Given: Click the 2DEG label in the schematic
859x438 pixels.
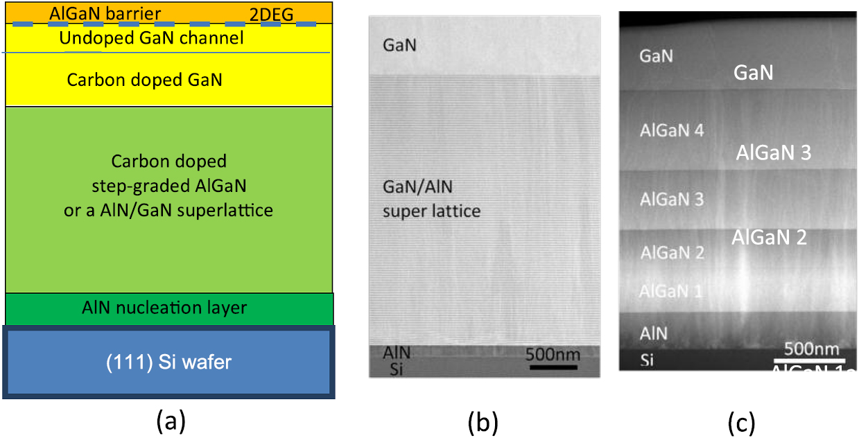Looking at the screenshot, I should point(275,13).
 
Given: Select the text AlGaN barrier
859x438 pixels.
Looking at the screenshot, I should point(105,13).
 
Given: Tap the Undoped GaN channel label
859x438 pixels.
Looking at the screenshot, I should point(151,38).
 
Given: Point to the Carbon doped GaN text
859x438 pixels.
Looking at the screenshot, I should point(144,80).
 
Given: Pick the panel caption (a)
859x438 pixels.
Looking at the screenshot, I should point(170,421).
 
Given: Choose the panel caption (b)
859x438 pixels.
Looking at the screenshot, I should point(484,421).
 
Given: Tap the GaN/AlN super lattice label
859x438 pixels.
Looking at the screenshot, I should point(431,198).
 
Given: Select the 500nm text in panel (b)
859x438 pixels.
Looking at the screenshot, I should point(553,353).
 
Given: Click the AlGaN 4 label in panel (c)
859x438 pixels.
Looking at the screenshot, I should point(672,130).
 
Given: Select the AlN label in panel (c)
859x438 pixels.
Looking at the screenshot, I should point(654,333).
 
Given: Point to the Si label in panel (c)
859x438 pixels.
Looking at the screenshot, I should point(647,360).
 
